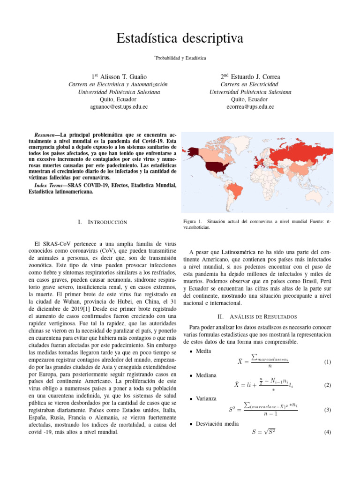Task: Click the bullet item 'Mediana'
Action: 206,375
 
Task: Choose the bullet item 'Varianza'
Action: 206,398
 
